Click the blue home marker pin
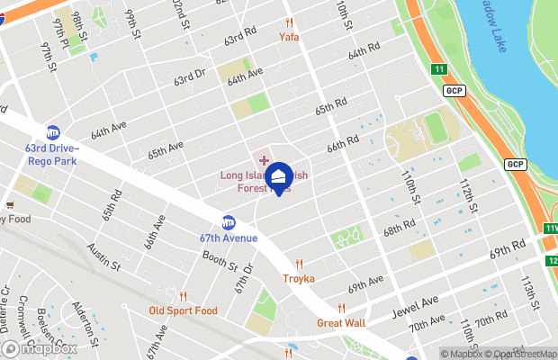click(279, 177)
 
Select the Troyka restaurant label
click(299, 278)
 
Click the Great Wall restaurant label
click(341, 322)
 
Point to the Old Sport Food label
click(183, 310)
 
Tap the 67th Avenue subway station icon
click(229, 222)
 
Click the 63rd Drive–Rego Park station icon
click(53, 132)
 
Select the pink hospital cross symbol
click(264, 159)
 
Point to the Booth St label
click(219, 261)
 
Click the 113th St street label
click(530, 293)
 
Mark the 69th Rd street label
click(507, 249)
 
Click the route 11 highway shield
click(439, 69)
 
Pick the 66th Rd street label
click(343, 143)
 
